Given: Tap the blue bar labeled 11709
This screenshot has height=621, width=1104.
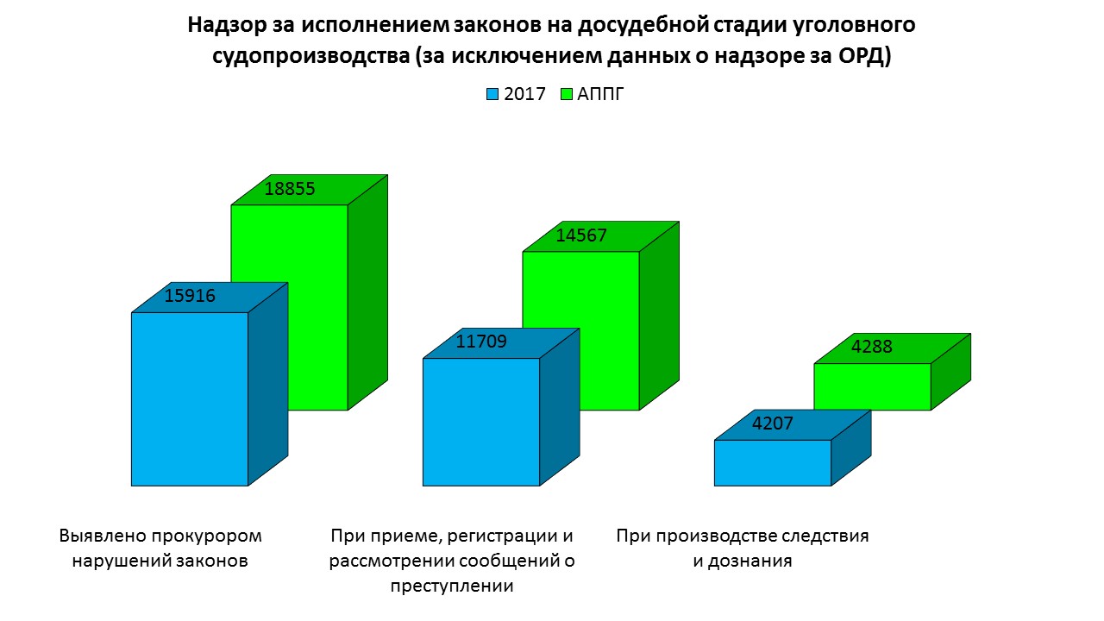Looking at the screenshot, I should (x=480, y=422).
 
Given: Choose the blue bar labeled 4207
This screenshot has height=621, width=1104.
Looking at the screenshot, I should (x=773, y=462).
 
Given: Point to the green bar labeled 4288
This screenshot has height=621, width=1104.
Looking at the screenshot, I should (x=872, y=386).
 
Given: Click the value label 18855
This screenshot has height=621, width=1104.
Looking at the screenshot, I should (x=290, y=190).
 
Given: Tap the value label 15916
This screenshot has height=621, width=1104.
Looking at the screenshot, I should (x=190, y=297).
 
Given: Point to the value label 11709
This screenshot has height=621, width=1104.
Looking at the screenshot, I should (x=481, y=342).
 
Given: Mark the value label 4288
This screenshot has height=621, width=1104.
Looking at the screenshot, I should (x=872, y=348).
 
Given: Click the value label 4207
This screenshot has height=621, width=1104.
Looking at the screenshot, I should (x=772, y=423).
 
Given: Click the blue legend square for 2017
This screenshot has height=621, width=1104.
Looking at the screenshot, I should (x=492, y=94).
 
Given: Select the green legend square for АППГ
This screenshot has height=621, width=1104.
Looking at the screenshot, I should (x=567, y=94).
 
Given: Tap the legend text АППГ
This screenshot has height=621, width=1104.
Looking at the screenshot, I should (x=600, y=94).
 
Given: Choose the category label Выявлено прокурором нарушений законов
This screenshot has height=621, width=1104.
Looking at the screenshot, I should (x=160, y=548).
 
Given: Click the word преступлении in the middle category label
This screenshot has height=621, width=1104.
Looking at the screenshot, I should (x=451, y=586).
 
